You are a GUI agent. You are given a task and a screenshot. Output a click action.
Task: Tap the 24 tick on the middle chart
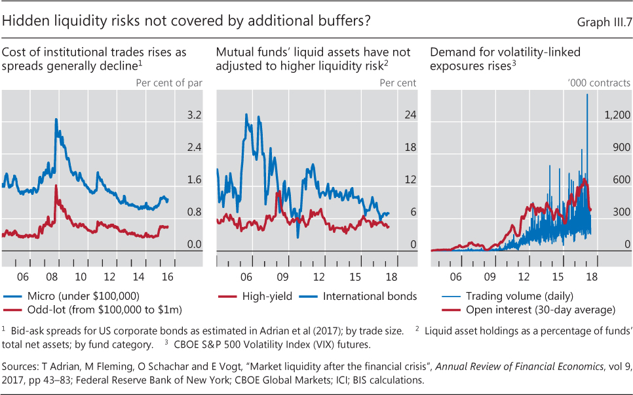pyautogui.click(x=410, y=115)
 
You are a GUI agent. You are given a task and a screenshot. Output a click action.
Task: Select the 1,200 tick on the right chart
pyautogui.click(x=617, y=115)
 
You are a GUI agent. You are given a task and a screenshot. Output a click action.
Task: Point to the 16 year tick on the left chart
pyautogui.click(x=167, y=278)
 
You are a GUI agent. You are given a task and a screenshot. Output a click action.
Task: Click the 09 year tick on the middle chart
pyautogui.click(x=283, y=278)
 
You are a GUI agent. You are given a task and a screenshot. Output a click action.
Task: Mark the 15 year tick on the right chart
pyautogui.click(x=558, y=278)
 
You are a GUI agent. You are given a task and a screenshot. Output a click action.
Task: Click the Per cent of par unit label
pyautogui.click(x=169, y=83)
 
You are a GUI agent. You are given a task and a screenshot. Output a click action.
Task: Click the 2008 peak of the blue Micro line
pyautogui.click(x=56, y=119)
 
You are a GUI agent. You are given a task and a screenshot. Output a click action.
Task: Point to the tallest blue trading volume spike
pyautogui.click(x=586, y=94)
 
